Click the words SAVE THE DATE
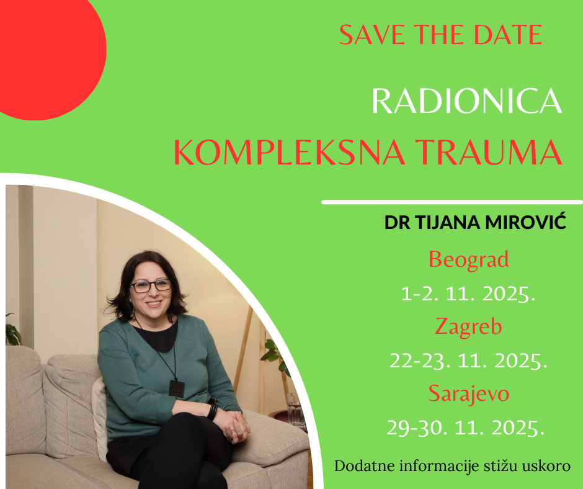[440, 35]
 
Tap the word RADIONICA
[467, 101]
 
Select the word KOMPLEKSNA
[289, 152]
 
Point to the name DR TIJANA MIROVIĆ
[475, 222]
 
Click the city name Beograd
[468, 259]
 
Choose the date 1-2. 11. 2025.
[468, 294]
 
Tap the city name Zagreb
[468, 326]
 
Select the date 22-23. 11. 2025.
[468, 361]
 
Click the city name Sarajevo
[468, 393]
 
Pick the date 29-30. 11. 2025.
[466, 428]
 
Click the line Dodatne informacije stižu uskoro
[452, 466]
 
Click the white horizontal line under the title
[452, 202]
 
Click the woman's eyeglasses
[151, 286]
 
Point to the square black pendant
[177, 388]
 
